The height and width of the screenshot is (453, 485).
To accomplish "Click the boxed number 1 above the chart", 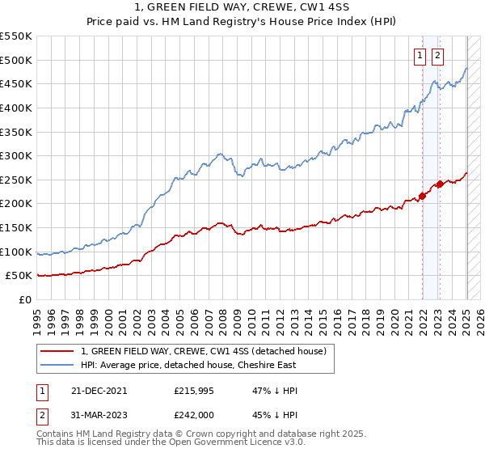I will coord(421,56).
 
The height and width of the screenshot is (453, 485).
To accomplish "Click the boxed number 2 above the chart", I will coord(437,56).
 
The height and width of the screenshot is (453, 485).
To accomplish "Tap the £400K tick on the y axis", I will coord(17,108).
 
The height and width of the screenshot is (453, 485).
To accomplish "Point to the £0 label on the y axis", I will coord(24,299).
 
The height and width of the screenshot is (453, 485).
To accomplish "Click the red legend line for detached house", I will coord(57,351).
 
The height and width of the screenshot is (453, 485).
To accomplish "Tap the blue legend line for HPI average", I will coord(57,365).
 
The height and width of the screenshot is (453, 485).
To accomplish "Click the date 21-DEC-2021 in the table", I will coord(99,391).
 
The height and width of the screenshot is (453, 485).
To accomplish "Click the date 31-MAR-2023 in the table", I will coord(99,416).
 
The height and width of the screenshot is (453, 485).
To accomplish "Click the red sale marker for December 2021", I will coord(422,196).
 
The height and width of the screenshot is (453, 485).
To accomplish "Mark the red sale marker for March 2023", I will coord(440,184).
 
